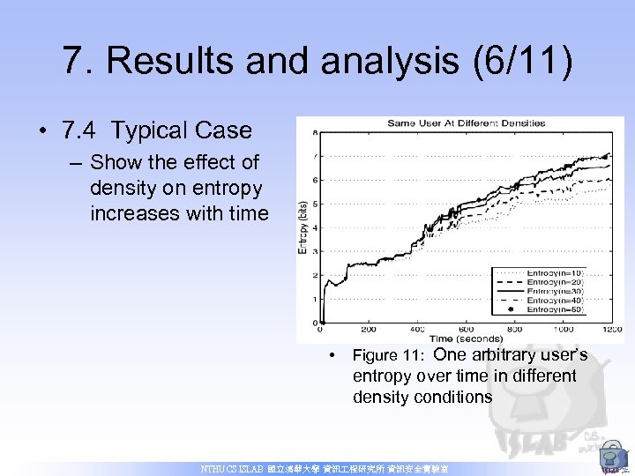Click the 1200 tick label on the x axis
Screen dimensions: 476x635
[x=610, y=329]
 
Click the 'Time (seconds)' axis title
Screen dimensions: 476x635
[x=467, y=338]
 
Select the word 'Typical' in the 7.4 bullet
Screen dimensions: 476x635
[x=157, y=131]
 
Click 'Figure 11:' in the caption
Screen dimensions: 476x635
[x=389, y=356]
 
